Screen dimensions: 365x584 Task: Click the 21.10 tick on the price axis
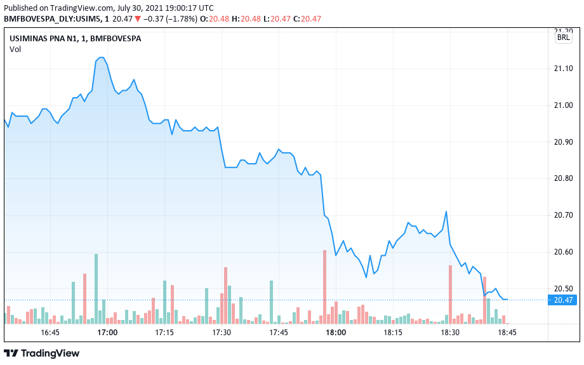(563, 69)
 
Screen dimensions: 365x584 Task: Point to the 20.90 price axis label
(563, 142)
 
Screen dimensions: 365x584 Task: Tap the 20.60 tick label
(563, 253)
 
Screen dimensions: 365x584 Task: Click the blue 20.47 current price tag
(563, 300)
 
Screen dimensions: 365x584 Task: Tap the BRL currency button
(563, 38)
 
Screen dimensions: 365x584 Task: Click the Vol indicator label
(15, 50)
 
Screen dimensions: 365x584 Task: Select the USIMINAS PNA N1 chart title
(76, 39)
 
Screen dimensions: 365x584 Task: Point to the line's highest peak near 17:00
(101, 58)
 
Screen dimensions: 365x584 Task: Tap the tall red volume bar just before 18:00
(324, 286)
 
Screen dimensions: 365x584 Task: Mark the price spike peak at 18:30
(447, 212)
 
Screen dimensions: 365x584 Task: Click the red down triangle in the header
(138, 19)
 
